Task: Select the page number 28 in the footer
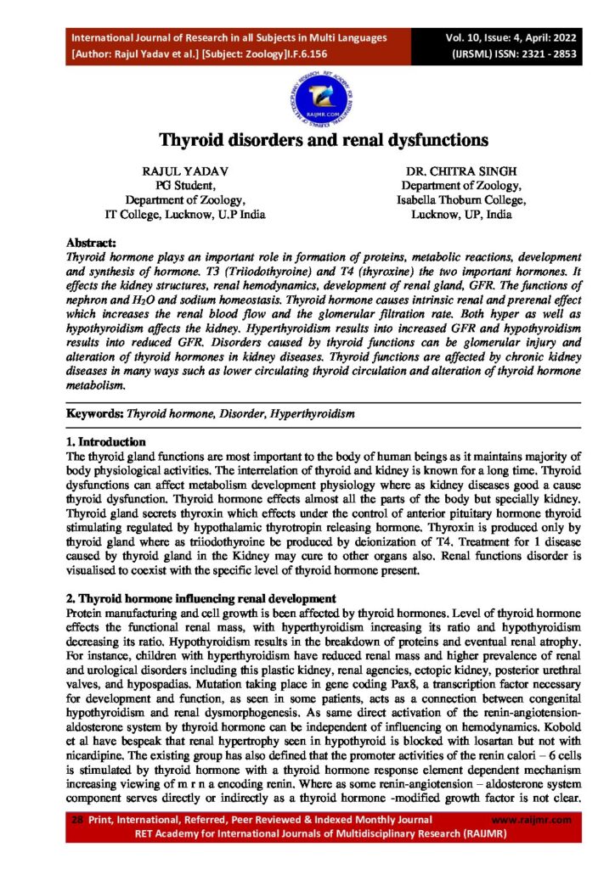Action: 77,820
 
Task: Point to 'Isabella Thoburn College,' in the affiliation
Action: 462,200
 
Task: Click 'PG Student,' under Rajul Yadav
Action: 185,186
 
